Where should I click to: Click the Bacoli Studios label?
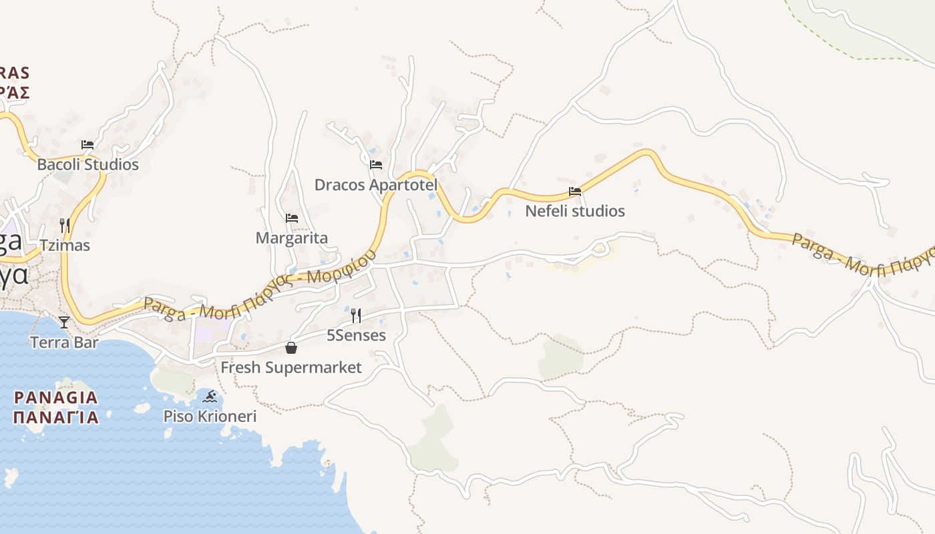(x=87, y=164)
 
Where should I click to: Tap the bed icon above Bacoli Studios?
(x=87, y=144)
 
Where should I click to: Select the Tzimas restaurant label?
(x=65, y=245)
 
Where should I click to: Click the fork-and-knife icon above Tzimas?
(x=65, y=225)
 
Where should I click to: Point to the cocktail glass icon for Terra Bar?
(x=64, y=322)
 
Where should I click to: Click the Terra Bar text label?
(x=64, y=342)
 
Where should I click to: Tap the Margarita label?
(x=292, y=238)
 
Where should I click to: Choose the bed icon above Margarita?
(x=292, y=218)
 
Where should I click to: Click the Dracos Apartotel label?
(x=376, y=184)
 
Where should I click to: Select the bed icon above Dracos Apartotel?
(x=376, y=164)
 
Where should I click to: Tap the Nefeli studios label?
(x=575, y=211)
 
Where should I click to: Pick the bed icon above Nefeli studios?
(x=575, y=191)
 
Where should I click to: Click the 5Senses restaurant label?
(x=356, y=335)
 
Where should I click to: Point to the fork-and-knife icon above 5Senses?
(x=356, y=315)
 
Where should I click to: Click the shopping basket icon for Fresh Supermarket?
(x=291, y=347)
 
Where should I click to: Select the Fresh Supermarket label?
(x=291, y=367)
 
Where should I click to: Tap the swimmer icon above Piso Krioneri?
(x=210, y=396)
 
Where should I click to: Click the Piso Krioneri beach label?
(x=210, y=417)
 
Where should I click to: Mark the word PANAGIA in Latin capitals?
(x=56, y=398)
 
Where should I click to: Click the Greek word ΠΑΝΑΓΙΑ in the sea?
(x=56, y=418)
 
